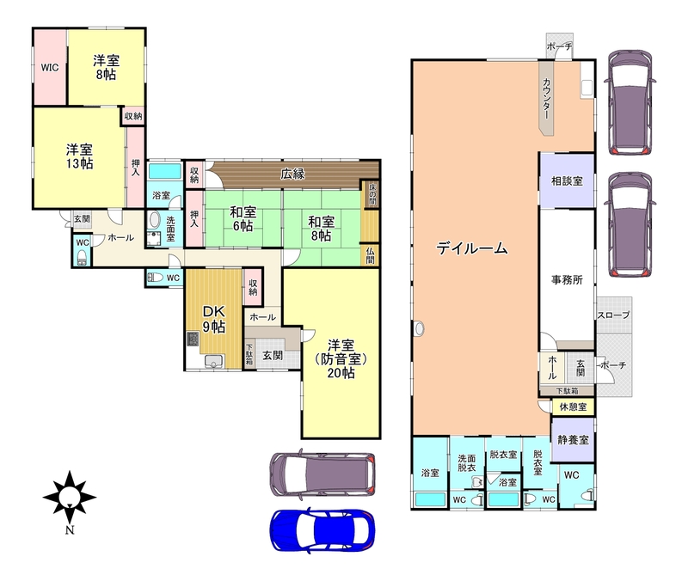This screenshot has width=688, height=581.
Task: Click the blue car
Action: point(322,529)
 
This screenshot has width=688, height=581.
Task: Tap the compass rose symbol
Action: point(70,498)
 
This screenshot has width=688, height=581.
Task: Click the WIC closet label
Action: point(50,68)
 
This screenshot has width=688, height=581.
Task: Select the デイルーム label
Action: point(471,248)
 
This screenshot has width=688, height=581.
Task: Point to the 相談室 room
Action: point(567,180)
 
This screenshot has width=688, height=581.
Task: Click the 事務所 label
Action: point(567,280)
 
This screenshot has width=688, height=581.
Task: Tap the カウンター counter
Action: point(547,98)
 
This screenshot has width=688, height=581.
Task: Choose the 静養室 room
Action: point(573,439)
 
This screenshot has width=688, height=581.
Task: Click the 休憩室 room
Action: point(573,407)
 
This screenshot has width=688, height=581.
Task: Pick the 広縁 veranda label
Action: point(292,174)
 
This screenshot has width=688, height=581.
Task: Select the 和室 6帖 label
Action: point(243,219)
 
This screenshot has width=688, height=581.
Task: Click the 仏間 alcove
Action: point(370,255)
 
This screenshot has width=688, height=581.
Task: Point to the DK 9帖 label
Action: point(213,319)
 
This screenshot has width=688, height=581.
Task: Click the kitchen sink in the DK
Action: point(213,361)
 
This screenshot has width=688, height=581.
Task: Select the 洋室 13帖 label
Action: point(79,156)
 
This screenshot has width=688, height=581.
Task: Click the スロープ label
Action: point(613,315)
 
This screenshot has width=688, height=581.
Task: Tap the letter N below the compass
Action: point(70,530)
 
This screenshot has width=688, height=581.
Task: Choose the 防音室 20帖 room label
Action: point(341,358)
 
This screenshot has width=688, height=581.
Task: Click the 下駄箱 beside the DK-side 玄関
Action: point(249,354)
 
